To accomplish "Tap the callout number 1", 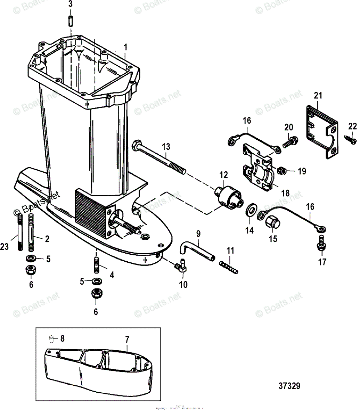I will pyautogui.click(x=126, y=46).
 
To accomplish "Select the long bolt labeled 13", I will pyautogui.click(x=160, y=157).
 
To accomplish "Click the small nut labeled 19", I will pyautogui.click(x=282, y=170).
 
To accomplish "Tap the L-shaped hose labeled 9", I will pyautogui.click(x=196, y=250).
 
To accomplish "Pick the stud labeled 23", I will pyautogui.click(x=20, y=232).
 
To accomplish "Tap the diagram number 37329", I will pyautogui.click(x=289, y=386).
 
